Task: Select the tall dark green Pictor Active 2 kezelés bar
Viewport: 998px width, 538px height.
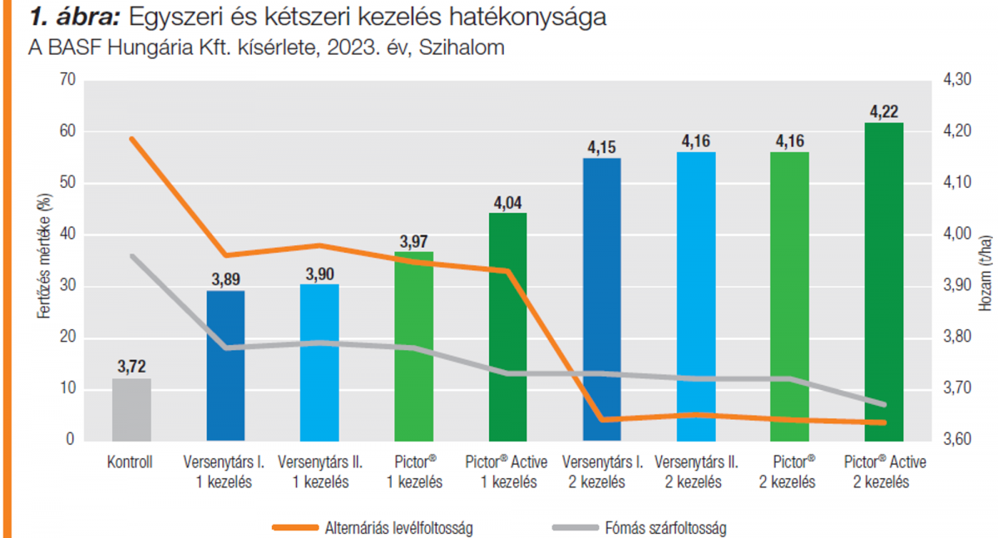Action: click(884, 283)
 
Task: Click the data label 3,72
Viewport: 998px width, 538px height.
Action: click(131, 367)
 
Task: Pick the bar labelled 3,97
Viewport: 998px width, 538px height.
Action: click(413, 345)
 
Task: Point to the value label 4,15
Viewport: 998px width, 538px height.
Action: click(602, 147)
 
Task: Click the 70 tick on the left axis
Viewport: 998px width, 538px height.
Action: click(67, 81)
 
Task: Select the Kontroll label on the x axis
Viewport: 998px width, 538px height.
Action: click(131, 462)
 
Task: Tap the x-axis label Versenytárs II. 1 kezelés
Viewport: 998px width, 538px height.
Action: click(319, 471)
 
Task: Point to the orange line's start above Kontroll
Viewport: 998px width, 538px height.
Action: click(131, 139)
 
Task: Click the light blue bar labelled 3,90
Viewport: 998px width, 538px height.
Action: click(319, 362)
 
